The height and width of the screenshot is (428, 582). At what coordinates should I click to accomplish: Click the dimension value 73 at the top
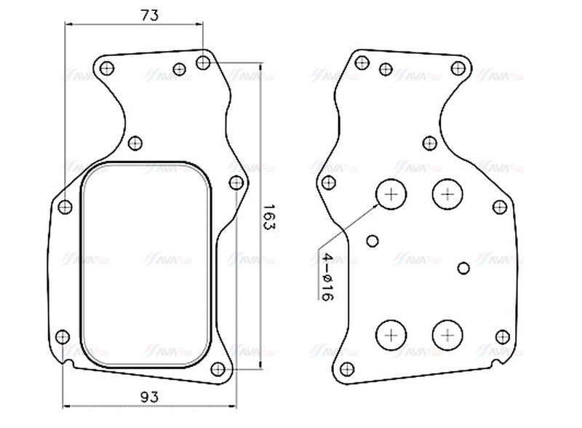coord(133,15)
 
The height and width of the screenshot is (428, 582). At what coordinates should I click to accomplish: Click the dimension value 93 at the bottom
coord(148,397)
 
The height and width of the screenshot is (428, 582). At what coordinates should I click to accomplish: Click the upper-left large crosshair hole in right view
coord(391,194)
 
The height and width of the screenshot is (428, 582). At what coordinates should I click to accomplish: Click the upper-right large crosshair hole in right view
coord(447,194)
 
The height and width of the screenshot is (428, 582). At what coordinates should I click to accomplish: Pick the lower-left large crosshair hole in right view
coord(391,335)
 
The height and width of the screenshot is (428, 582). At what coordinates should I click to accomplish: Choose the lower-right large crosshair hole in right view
coord(447,335)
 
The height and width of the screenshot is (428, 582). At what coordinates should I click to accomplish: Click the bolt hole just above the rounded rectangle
coord(135,143)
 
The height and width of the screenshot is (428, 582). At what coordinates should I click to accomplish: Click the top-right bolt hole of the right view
coord(458,68)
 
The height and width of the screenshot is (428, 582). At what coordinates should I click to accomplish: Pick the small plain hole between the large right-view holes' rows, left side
coord(373,241)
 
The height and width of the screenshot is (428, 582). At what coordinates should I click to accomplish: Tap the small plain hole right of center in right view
coord(463,268)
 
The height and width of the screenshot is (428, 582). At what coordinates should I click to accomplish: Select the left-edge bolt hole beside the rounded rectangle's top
coord(65,207)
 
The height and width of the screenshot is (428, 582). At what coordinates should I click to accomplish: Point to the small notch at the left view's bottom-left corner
coord(68,362)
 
